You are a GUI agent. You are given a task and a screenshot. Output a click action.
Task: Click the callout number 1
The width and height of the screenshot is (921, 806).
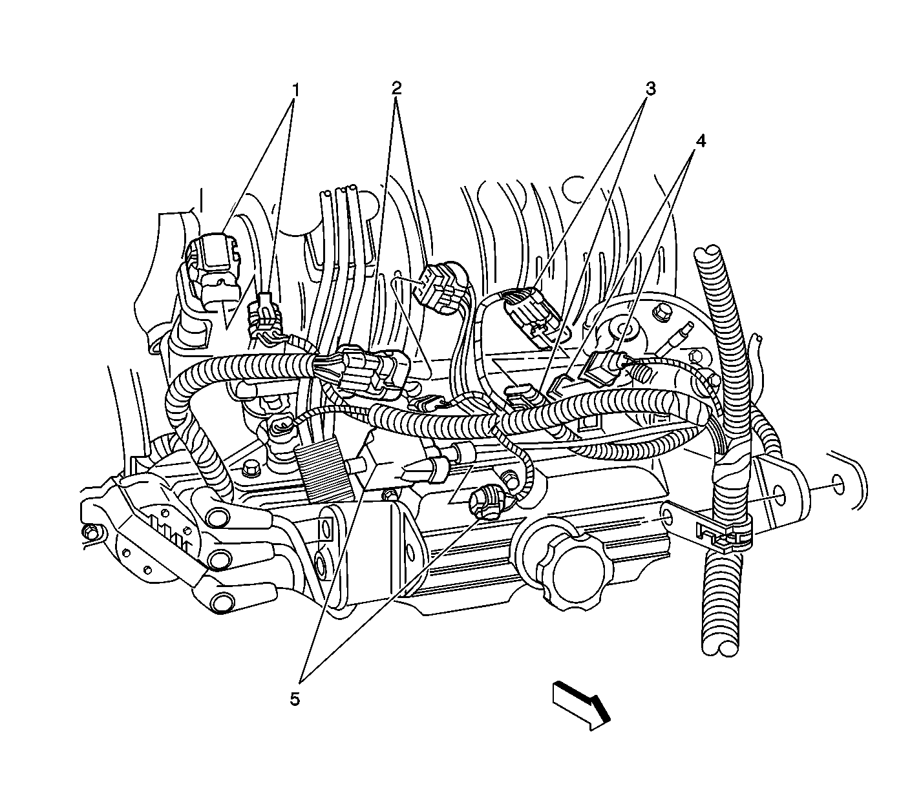(296, 90)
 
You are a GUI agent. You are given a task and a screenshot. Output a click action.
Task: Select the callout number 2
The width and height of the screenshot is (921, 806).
(396, 88)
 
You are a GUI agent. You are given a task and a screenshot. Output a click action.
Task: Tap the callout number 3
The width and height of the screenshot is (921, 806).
(650, 88)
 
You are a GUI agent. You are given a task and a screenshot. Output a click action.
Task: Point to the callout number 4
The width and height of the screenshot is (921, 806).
(701, 141)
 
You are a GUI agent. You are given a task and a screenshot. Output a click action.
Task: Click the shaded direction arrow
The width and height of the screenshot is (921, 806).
(581, 707)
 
